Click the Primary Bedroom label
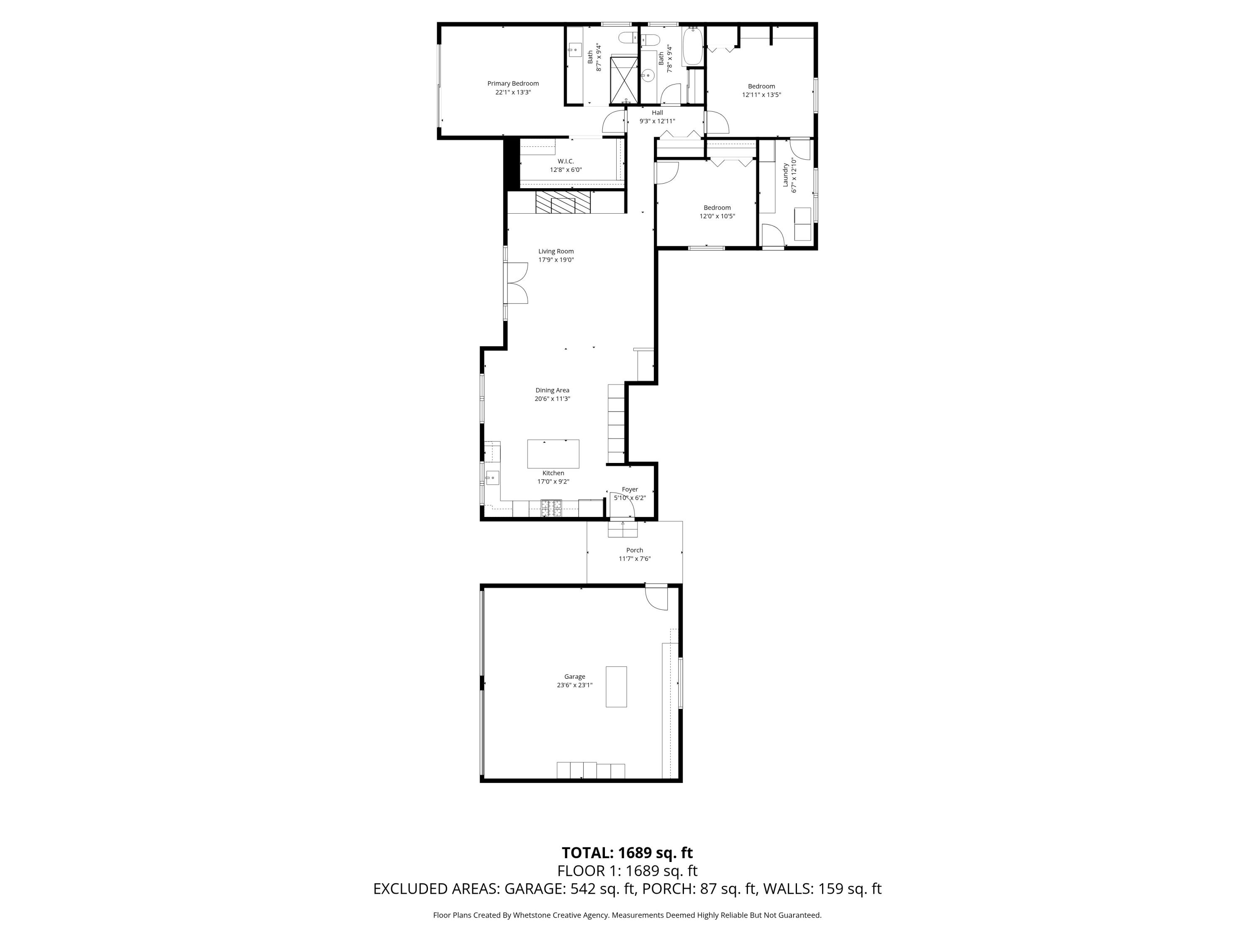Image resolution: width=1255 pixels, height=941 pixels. pos(513,83)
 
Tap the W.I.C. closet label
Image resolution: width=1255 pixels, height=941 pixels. pos(566,161)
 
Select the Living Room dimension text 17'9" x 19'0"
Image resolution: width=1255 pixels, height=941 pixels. pos(556,260)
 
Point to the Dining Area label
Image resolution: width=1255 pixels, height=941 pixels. pos(552,390)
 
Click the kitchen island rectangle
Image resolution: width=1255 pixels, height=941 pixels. pos(553,453)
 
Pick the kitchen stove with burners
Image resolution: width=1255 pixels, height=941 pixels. pos(551,508)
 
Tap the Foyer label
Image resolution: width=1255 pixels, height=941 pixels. pos(630,489)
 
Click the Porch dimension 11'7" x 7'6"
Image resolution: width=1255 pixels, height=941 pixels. pos(634,559)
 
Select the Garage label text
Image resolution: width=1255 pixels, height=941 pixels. pos(574,677)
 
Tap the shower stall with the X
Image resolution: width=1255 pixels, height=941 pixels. pos(624,81)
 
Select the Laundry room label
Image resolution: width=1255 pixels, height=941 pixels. pos(786,175)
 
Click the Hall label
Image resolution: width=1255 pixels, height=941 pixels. pos(657,113)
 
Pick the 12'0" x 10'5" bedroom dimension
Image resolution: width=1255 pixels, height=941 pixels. pos(717,216)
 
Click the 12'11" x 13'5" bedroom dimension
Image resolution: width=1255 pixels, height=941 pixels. pos(761,95)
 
